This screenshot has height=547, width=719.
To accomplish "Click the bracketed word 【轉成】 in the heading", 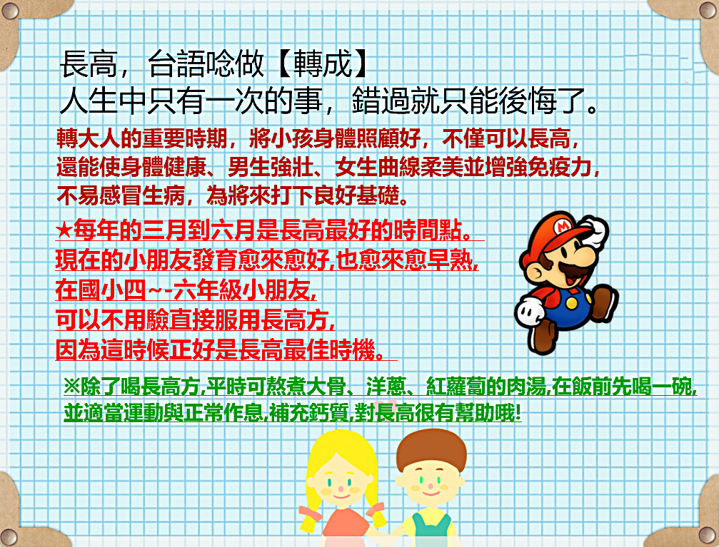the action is pyautogui.click(x=323, y=63).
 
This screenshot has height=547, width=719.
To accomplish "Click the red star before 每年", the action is pyautogui.click(x=64, y=230).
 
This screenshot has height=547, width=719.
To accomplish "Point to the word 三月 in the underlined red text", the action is pyautogui.click(x=165, y=230).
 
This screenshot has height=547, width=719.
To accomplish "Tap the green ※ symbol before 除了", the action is pyautogui.click(x=72, y=387).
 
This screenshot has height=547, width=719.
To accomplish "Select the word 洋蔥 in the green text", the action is pyautogui.click(x=386, y=387).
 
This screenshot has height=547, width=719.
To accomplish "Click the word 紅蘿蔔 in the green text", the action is pyautogui.click(x=456, y=387).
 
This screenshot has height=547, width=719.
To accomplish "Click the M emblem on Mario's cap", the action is pyautogui.click(x=562, y=226).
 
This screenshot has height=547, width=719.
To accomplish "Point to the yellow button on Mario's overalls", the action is pyautogui.click(x=572, y=303).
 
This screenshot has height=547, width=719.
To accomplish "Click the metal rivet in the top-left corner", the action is pyautogui.click(x=10, y=10).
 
